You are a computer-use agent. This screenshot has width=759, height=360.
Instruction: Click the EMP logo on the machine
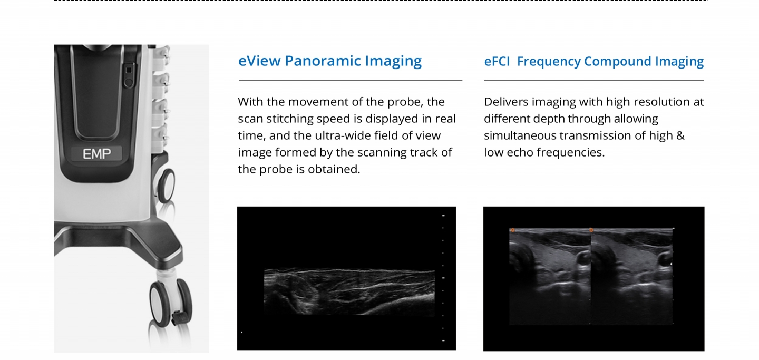[97, 154]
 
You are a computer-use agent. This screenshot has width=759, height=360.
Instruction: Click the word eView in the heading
[259, 61]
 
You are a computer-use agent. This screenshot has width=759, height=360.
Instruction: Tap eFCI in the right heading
[497, 61]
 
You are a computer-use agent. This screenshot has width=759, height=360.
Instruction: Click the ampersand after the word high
[680, 135]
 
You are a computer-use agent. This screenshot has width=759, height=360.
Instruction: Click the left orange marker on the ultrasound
[513, 230]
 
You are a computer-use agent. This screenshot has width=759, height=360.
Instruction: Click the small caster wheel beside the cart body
[167, 186]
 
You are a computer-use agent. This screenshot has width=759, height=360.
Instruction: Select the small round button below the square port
[128, 83]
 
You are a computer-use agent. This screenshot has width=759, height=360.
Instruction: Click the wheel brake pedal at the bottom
[179, 318]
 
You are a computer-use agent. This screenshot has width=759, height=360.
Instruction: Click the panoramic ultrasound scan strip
[349, 292]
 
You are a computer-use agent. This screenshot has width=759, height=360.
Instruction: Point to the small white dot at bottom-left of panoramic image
[241, 332]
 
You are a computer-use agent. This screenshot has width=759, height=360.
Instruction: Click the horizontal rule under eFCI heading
[593, 80]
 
